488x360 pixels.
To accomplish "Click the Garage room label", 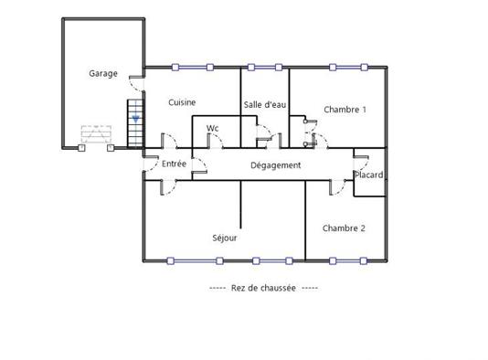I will [102, 73].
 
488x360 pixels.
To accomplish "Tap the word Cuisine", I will [183, 102].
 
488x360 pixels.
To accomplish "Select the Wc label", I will [212, 128].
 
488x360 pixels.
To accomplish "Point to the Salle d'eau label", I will [265, 106].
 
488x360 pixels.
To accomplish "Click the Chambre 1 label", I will [345, 110].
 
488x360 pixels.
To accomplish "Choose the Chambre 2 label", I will [344, 228].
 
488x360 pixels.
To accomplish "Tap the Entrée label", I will [174, 164].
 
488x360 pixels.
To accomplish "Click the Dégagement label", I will [276, 165].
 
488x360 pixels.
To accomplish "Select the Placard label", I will [369, 175].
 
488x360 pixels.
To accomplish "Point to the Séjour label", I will [225, 238].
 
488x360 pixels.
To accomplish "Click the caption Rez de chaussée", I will [264, 287].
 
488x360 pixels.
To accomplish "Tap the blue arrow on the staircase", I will [135, 118].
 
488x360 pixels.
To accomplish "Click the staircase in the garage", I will [135, 124].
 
